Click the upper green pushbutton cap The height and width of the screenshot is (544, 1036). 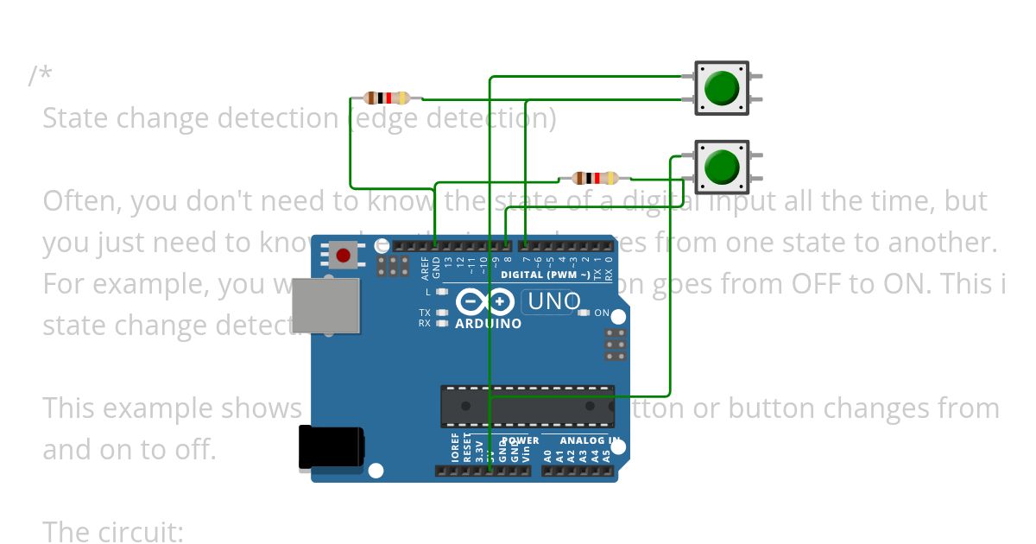click(722, 87)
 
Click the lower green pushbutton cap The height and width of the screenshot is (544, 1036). click(722, 167)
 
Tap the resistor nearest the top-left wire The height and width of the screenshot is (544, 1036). click(387, 98)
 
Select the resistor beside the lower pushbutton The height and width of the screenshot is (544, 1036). click(595, 179)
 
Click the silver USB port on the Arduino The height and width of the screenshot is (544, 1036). click(325, 305)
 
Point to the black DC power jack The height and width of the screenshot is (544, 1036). click(330, 449)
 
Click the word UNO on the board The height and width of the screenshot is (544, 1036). click(553, 301)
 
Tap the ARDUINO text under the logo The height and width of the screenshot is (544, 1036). click(488, 324)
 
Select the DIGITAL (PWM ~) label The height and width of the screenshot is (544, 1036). click(546, 275)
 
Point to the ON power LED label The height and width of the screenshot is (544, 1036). click(602, 313)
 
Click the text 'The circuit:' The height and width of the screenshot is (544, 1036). click(113, 532)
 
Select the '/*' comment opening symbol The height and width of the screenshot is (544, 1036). click(40, 76)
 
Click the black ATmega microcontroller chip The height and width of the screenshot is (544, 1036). click(527, 406)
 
